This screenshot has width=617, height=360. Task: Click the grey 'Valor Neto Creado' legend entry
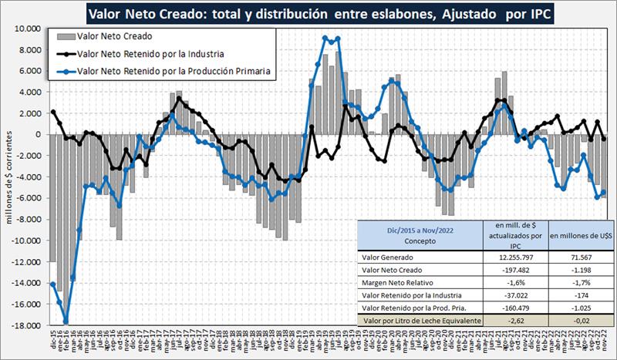click(116, 36)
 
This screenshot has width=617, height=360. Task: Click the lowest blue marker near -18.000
click(66, 321)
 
